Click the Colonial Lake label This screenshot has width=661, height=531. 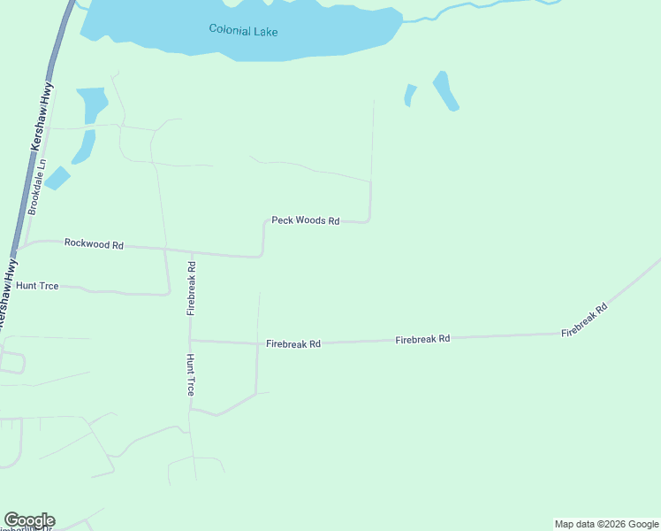point(243,31)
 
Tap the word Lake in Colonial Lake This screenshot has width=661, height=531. point(264,32)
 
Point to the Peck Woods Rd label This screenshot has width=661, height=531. point(305,220)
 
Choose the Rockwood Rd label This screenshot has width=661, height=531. point(94,243)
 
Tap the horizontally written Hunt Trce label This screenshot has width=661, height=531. point(37,287)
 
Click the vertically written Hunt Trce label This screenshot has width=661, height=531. point(190,374)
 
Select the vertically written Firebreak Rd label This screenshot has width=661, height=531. point(191,288)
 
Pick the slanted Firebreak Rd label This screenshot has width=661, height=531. point(585,320)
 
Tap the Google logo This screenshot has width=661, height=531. point(29,520)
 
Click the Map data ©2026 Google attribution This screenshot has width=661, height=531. point(606,524)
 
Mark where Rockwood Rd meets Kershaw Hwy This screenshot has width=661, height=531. point(21,244)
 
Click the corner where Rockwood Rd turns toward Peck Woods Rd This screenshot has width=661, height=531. point(262,256)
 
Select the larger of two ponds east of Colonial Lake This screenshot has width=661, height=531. point(445,90)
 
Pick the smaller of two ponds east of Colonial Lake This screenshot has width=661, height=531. point(409,95)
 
